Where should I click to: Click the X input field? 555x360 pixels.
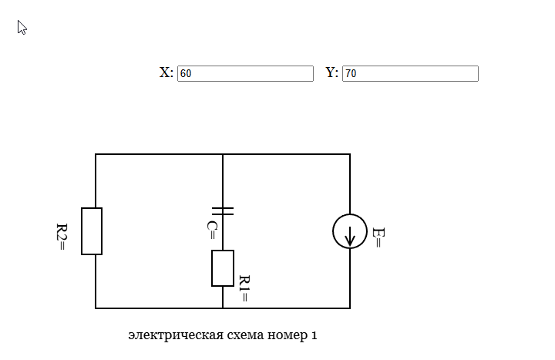pos(245,73)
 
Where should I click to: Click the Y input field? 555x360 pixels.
pos(410,73)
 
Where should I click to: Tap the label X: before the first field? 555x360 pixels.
pos(166,72)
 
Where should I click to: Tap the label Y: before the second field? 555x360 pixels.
pos(332,72)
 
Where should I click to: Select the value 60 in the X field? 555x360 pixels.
pos(186,74)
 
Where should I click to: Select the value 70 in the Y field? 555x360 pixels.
pos(351,74)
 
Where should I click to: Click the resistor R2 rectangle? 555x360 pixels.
pos(92,230)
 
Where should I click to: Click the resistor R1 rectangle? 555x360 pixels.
pos(223,268)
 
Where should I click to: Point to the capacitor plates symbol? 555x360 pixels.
pos(223,210)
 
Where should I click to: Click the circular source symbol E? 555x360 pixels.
pos(350,231)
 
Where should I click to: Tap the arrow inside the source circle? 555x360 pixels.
pos(350,234)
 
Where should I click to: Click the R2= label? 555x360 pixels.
pos(62,237)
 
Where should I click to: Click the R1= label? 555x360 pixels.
pos(244,288)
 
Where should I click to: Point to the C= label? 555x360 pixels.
pos(211,230)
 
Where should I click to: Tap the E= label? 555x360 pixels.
pos(377,237)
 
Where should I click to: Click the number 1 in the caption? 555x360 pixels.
pos(314,335)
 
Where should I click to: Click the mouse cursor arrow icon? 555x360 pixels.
pos(22,28)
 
